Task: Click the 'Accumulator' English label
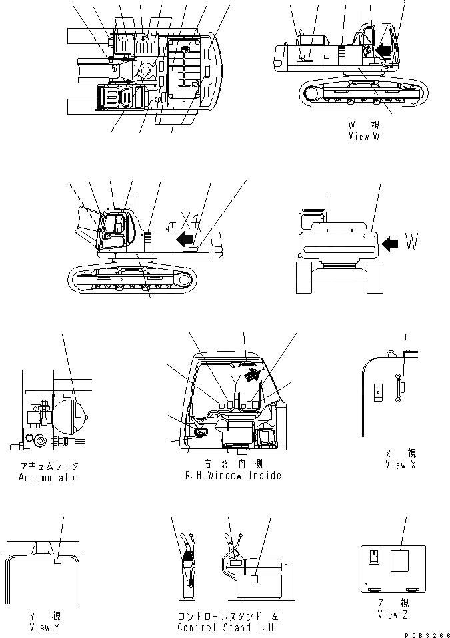50,478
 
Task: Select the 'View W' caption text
363,136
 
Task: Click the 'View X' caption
400,465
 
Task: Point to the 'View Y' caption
45,627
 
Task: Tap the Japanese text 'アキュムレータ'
50,466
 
